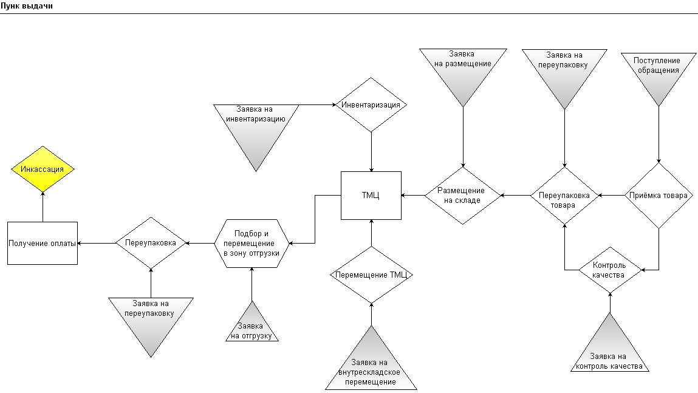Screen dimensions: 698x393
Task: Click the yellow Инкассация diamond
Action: point(43,169)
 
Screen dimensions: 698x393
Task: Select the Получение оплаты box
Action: point(43,243)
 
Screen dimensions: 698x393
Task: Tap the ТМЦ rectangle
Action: point(371,196)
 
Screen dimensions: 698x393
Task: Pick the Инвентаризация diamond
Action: point(371,105)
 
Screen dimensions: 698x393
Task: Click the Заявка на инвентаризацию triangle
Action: point(256,129)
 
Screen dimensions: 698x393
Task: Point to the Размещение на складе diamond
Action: point(463,196)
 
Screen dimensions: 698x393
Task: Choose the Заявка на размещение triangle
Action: point(463,71)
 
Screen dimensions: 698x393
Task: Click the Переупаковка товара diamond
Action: point(564,196)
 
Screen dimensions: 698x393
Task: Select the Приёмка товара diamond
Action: point(659,196)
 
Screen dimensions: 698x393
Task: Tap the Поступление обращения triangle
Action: point(659,73)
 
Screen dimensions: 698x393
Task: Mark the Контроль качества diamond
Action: point(610,270)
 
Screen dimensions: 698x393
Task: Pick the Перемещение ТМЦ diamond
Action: point(371,275)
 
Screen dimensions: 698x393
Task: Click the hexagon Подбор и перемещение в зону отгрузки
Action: point(252,244)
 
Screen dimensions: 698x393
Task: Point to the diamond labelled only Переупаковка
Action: point(151,243)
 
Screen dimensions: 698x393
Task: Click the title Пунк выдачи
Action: point(27,6)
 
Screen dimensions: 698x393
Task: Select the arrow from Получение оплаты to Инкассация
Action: point(43,207)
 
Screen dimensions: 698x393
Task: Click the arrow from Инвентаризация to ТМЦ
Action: point(371,152)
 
